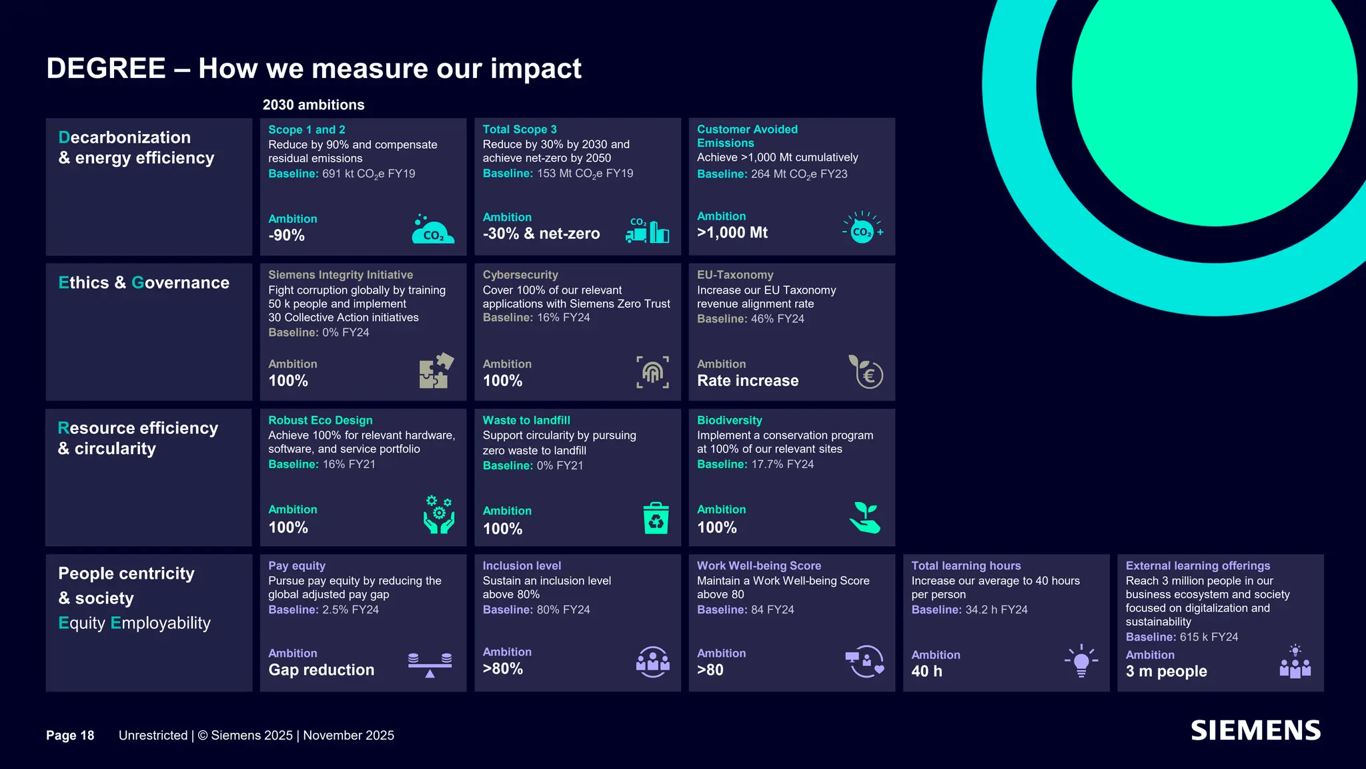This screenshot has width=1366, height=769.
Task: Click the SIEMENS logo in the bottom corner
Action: (x=1255, y=730)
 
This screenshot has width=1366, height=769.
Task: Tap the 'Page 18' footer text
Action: (x=70, y=735)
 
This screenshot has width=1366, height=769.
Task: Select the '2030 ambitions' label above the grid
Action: (x=313, y=105)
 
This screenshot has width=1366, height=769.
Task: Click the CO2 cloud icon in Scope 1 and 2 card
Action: (x=433, y=229)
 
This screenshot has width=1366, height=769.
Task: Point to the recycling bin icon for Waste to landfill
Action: (x=656, y=518)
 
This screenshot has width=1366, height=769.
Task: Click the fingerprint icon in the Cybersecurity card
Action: (x=652, y=372)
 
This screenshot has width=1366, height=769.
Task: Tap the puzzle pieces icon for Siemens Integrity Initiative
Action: (x=436, y=370)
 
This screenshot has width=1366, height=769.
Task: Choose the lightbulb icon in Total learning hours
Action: (x=1081, y=661)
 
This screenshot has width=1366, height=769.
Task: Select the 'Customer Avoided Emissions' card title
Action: (x=747, y=136)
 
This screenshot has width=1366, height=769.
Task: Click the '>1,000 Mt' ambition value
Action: (x=732, y=232)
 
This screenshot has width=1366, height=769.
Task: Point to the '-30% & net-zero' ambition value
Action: (x=541, y=234)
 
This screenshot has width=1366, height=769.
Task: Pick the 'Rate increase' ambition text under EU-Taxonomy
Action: (x=748, y=380)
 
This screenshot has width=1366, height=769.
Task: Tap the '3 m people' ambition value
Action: (x=1167, y=671)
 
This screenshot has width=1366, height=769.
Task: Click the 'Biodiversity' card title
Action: (x=730, y=421)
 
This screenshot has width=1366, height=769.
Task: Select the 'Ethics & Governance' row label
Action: (x=143, y=282)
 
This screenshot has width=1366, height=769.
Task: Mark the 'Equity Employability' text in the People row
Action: (x=134, y=623)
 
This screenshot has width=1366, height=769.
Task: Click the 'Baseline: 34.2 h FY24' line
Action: (x=970, y=609)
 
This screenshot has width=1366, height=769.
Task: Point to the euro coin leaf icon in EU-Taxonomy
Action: (x=866, y=371)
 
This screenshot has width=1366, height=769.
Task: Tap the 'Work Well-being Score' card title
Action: (x=759, y=565)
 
